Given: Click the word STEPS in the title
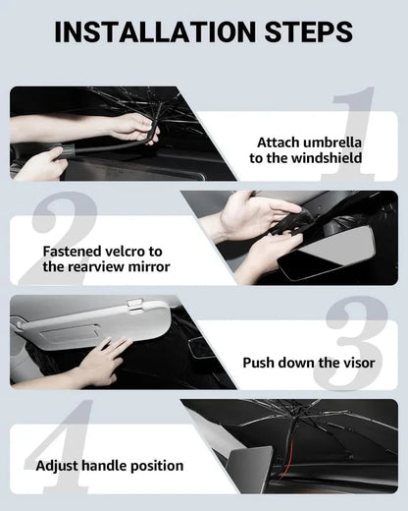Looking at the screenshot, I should [301, 31].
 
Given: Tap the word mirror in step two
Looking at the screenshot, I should [147, 267].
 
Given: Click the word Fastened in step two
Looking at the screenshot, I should [74, 251].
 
